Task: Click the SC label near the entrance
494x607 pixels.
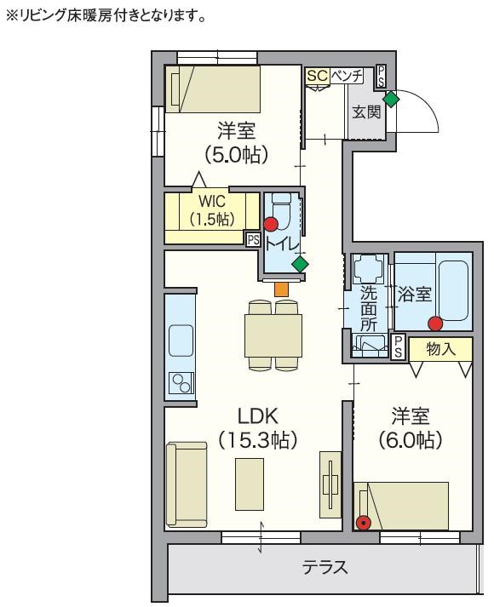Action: click(x=318, y=76)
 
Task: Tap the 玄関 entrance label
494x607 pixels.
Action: click(x=366, y=112)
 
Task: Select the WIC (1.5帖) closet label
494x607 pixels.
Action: click(x=212, y=209)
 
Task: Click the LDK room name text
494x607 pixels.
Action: click(x=257, y=416)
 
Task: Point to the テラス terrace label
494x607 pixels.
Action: click(x=325, y=567)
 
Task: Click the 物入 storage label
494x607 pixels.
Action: click(x=440, y=349)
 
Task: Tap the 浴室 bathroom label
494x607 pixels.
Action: click(x=414, y=295)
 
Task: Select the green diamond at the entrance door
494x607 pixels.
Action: click(x=391, y=99)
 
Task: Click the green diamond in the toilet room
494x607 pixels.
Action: click(x=300, y=265)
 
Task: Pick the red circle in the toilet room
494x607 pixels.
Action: click(x=271, y=225)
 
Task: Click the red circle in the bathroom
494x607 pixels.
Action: click(x=435, y=324)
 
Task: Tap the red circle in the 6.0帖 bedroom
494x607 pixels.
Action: click(x=363, y=524)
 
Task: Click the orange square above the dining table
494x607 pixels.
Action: click(x=281, y=289)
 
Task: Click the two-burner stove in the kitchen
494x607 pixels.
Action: click(x=181, y=383)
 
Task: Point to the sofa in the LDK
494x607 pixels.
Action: click(x=187, y=484)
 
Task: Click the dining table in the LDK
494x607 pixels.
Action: click(x=273, y=335)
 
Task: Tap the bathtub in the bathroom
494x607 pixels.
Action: click(x=454, y=290)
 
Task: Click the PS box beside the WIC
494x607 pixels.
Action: click(x=253, y=239)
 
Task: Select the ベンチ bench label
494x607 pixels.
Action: click(x=347, y=76)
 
